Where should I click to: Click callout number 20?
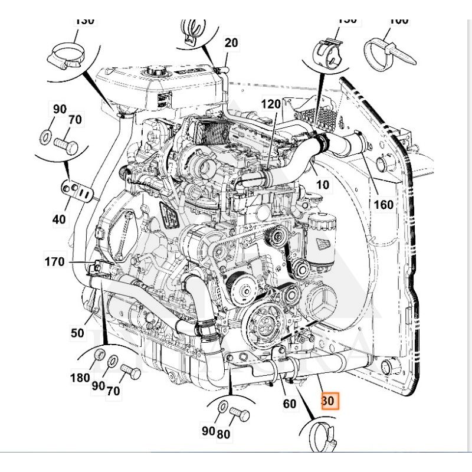pyautogui.click(x=231, y=42)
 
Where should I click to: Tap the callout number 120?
pyautogui.click(x=271, y=104)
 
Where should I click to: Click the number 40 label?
pyautogui.click(x=59, y=219)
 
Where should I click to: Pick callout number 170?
pyautogui.click(x=55, y=261)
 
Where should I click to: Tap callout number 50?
pyautogui.click(x=77, y=333)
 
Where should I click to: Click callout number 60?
pyautogui.click(x=289, y=404)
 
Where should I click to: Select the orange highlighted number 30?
pyautogui.click(x=328, y=401)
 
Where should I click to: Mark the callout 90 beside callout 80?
pyautogui.click(x=206, y=431)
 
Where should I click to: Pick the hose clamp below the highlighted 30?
pyautogui.click(x=322, y=434)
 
